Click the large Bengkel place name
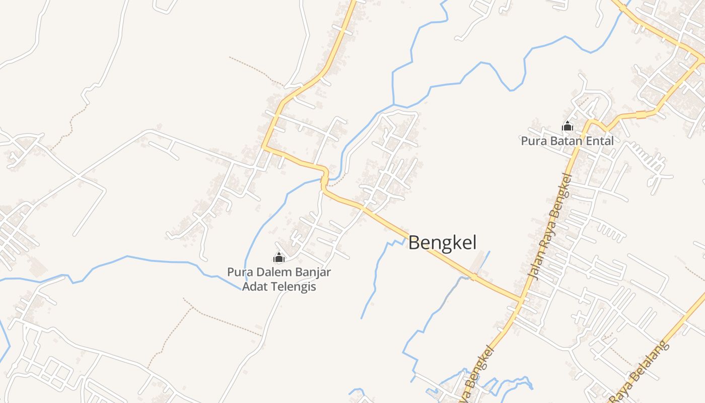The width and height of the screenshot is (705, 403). point(442,243)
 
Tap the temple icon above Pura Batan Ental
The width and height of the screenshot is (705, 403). point(568,126)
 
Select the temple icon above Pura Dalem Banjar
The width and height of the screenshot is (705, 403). point(278,257)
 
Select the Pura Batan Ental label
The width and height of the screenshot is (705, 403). point(567,141)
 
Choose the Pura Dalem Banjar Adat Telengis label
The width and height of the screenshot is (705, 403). point(279,280)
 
